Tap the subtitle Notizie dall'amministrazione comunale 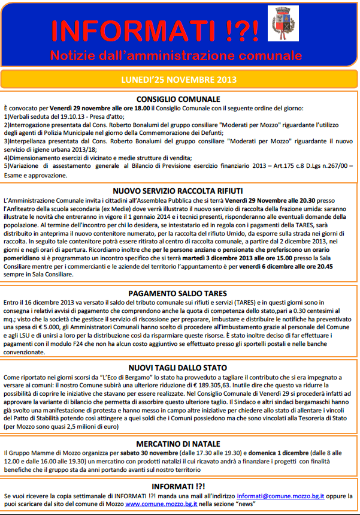tap(176, 56)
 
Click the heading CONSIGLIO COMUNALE tap(179, 99)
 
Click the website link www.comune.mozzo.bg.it tap(158, 505)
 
